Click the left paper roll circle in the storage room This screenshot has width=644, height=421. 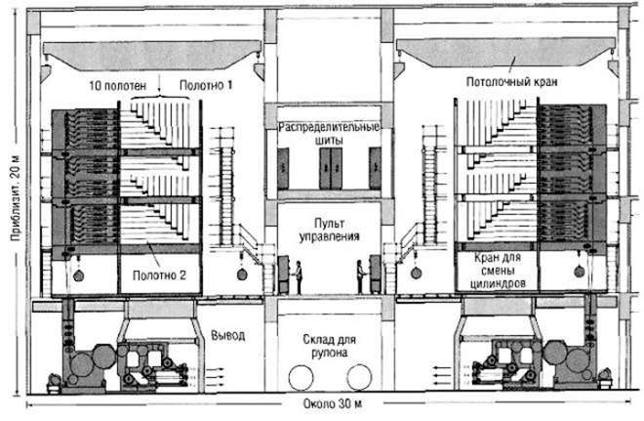(x=303, y=376)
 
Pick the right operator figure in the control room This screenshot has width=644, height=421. (x=362, y=273)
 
